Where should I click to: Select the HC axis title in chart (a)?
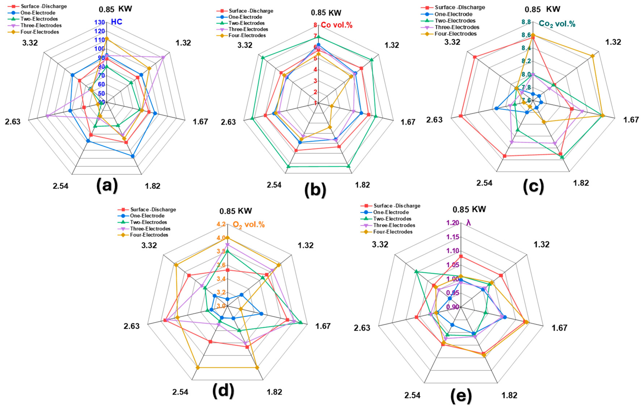pyautogui.click(x=117, y=22)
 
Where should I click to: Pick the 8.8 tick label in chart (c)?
pyautogui.click(x=526, y=22)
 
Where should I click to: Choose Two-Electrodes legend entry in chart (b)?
pyautogui.click(x=246, y=23)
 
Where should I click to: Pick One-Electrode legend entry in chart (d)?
pyautogui.click(x=147, y=216)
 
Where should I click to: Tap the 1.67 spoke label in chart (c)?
pyautogui.click(x=631, y=120)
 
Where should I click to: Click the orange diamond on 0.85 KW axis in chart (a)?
pyautogui.click(x=106, y=38)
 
